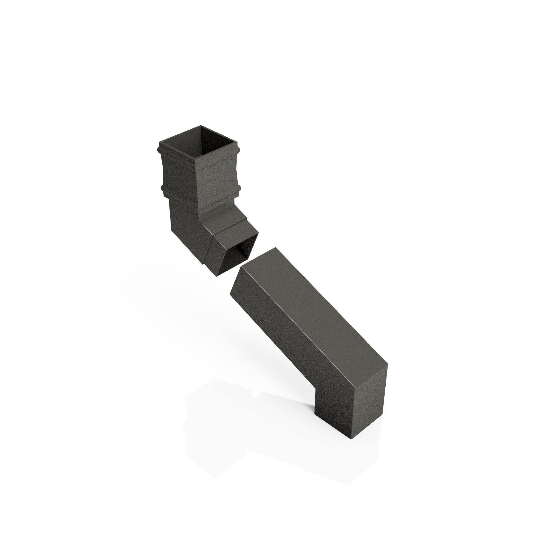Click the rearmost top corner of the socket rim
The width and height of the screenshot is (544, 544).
click(201, 126)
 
